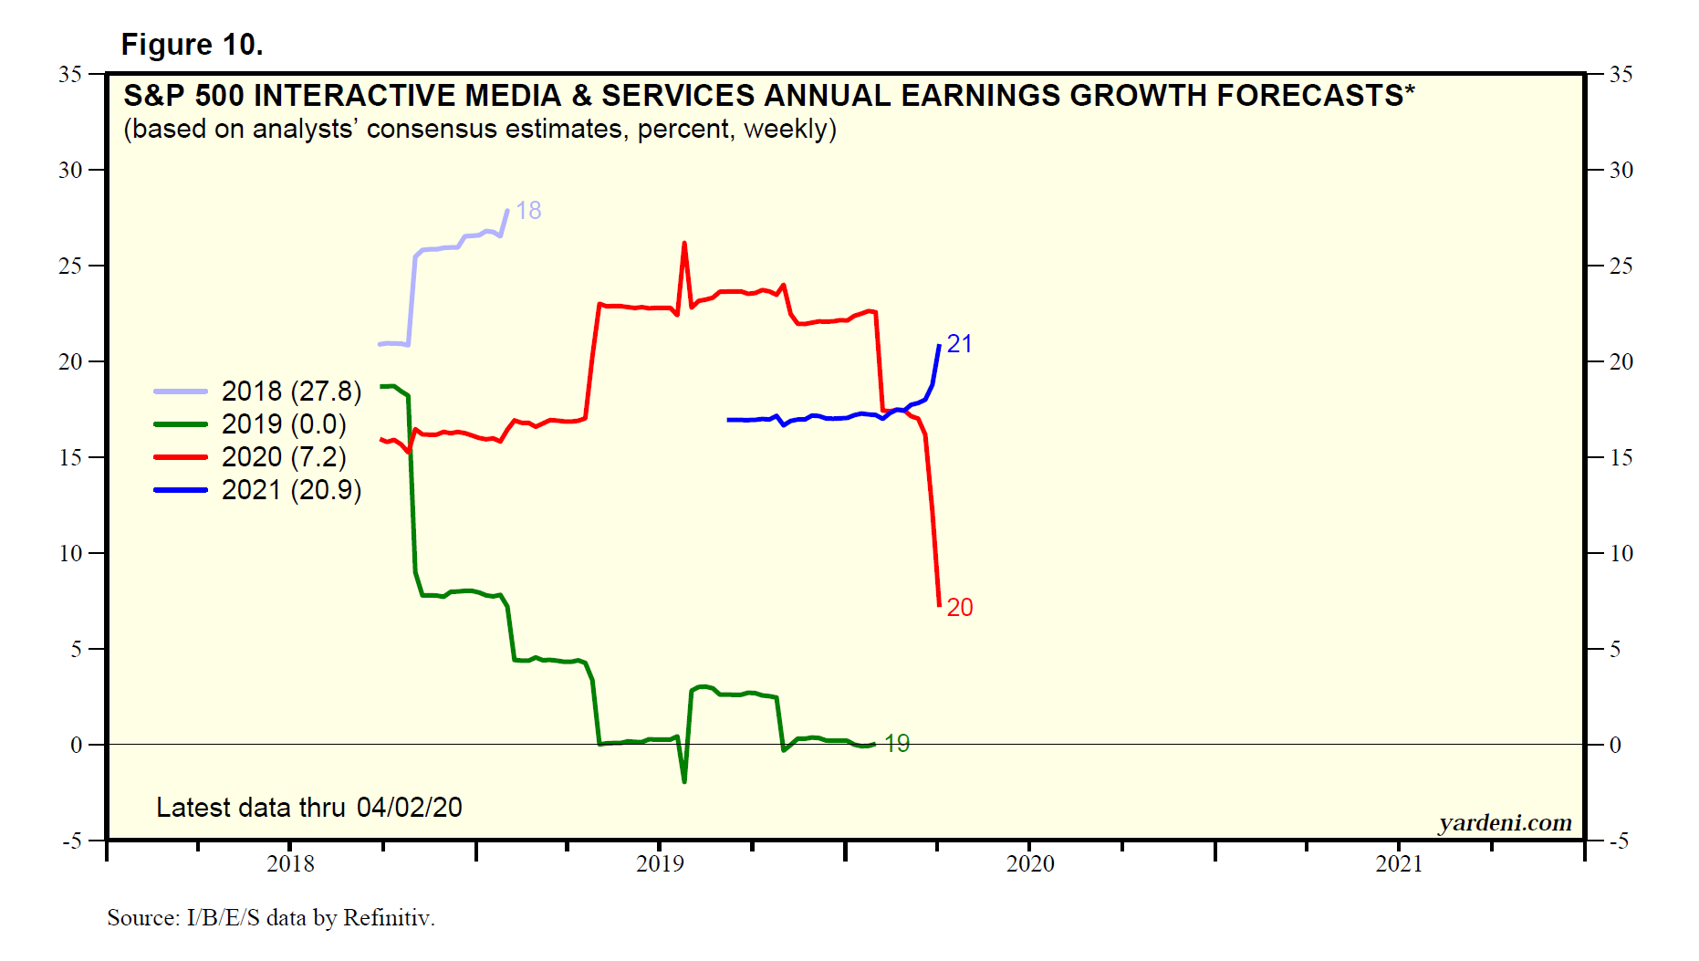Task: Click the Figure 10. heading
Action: pyautogui.click(x=192, y=45)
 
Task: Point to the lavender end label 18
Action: pyautogui.click(x=528, y=211)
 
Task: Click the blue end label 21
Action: pyautogui.click(x=959, y=344)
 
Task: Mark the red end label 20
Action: pyautogui.click(x=959, y=608)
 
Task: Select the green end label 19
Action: pyautogui.click(x=897, y=744)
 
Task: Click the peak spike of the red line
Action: pyautogui.click(x=684, y=244)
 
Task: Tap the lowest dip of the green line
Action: pyautogui.click(x=684, y=781)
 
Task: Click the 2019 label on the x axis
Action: pyautogui.click(x=660, y=863)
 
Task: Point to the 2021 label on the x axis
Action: pyautogui.click(x=1399, y=863)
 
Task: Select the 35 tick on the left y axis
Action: pyautogui.click(x=70, y=74)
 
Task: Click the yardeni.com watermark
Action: pyautogui.click(x=1505, y=822)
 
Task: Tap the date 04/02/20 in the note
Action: pyautogui.click(x=409, y=808)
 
